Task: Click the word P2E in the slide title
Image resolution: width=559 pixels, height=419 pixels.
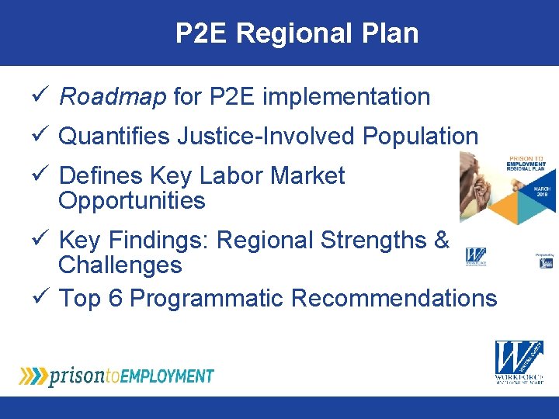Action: [202, 33]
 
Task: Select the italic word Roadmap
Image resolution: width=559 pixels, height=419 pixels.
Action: [113, 97]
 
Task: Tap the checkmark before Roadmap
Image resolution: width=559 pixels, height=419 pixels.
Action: [45, 97]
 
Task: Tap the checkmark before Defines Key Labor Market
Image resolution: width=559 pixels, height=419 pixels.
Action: [45, 176]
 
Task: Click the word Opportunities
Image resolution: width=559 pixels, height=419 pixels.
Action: [131, 201]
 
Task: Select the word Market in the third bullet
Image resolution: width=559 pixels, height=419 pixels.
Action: [307, 176]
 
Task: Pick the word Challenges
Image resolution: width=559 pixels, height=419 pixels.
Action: [120, 265]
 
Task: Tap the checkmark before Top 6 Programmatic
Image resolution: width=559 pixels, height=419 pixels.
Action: [45, 298]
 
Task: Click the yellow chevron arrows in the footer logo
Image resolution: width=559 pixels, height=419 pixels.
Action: [33, 376]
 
